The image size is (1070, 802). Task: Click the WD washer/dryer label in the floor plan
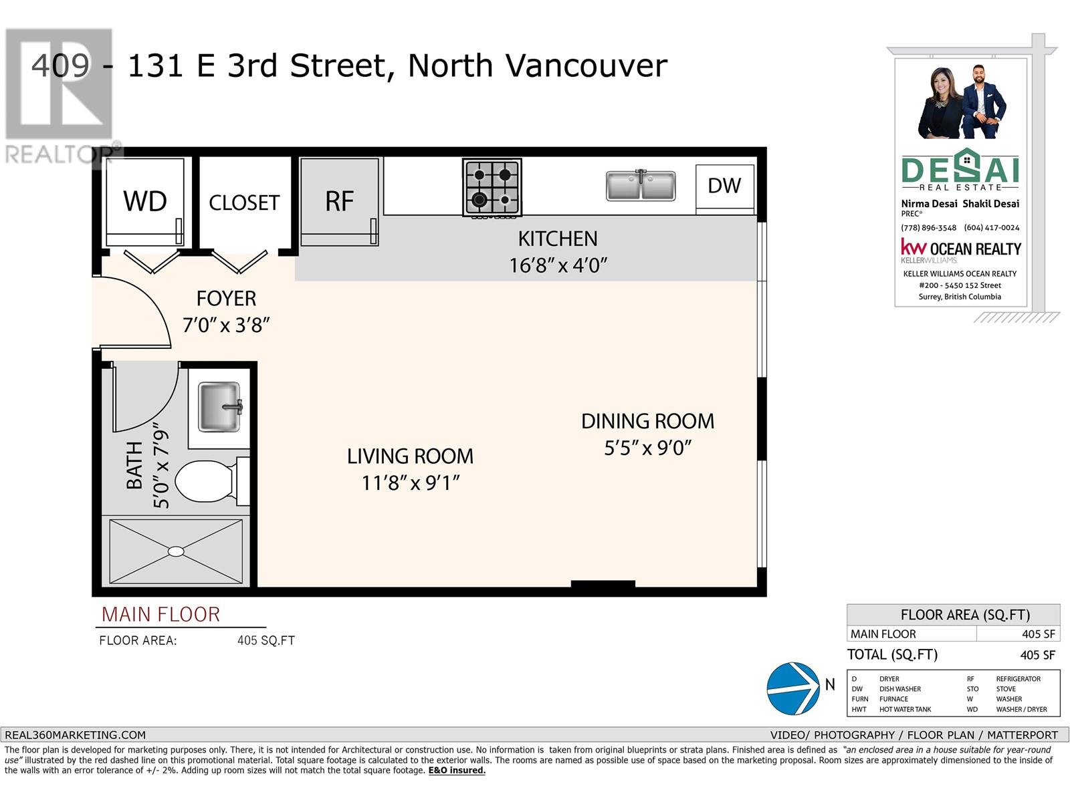coord(144,200)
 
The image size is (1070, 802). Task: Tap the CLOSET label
coord(244,203)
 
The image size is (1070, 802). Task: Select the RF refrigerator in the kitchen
coord(339,202)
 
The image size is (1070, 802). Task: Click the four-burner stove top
coord(492,187)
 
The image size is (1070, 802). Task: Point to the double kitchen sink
coord(641,185)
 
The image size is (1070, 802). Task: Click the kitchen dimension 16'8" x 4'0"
coord(558,266)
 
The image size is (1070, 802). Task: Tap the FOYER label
coord(226,299)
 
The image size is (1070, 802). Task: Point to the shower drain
coord(176,551)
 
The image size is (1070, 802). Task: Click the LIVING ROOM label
coord(410,456)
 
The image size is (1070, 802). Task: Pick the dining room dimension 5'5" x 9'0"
coord(648,448)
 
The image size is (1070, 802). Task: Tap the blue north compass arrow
coord(793,688)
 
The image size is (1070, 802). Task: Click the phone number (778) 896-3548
coord(929,228)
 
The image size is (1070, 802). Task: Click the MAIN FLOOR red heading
coord(161,614)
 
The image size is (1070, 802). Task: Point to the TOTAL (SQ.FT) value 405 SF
coord(1038,655)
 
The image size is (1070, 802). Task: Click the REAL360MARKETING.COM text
coord(75,734)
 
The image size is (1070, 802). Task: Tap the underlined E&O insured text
coord(457,771)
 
